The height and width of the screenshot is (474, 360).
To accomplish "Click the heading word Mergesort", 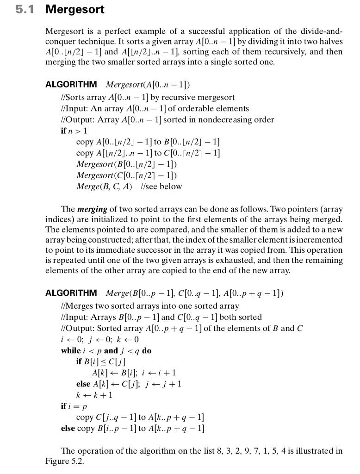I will coord(74,9).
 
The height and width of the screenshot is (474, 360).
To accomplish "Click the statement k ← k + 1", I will coord(94,395).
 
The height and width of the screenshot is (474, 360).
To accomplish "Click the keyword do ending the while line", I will coord(147,350).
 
